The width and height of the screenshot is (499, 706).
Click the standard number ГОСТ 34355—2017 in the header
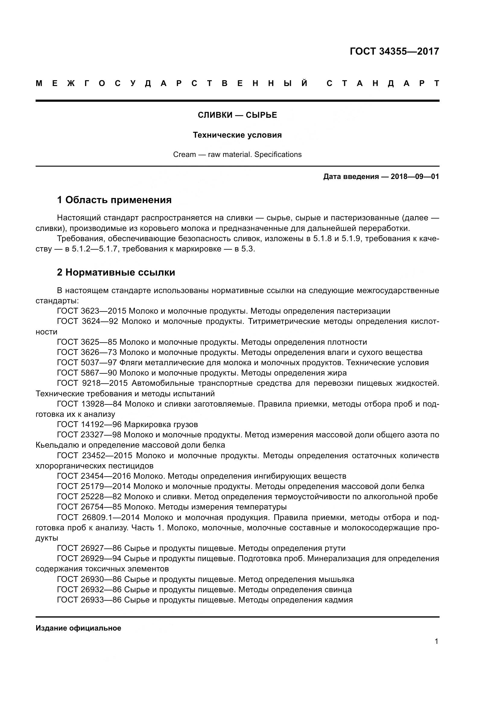coord(394,51)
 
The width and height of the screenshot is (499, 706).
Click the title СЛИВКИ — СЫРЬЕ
coord(237,115)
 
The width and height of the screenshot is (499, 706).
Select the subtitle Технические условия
coord(237,135)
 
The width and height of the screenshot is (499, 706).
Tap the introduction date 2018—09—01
coord(415,177)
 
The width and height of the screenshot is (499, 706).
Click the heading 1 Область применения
coord(114,200)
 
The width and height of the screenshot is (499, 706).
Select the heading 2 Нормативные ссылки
coord(116,273)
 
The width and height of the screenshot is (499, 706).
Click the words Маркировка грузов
coord(161,425)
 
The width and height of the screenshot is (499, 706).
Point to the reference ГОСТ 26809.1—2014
coord(99,518)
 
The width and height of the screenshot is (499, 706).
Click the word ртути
coord(335,548)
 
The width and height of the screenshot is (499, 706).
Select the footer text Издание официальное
coord(78,628)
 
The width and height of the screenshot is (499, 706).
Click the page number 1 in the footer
coord(436,641)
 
